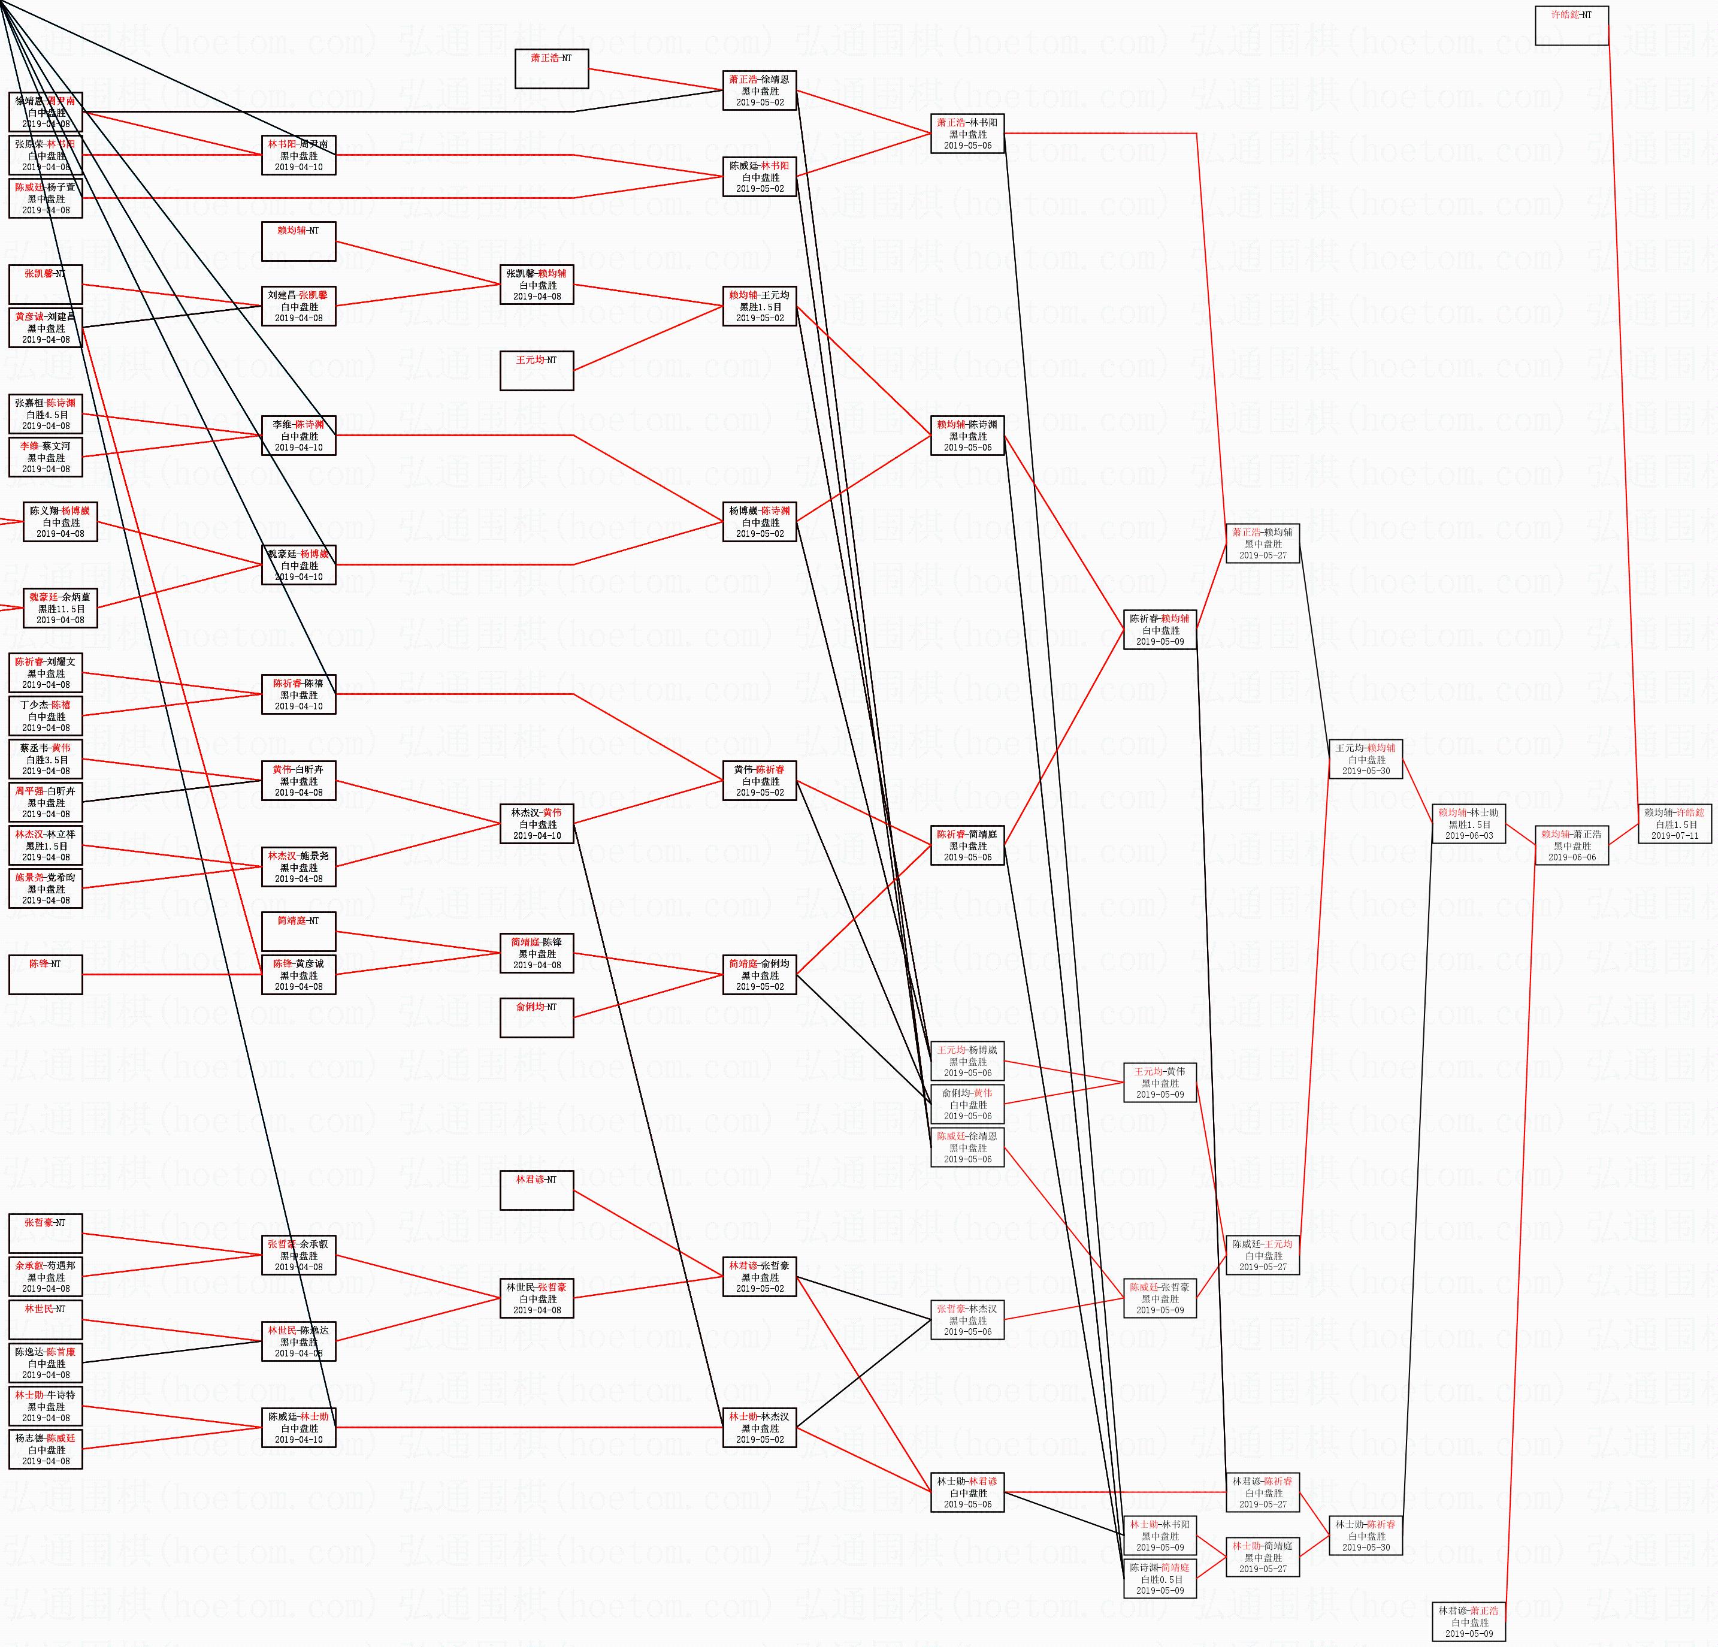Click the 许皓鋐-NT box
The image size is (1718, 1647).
(x=1572, y=25)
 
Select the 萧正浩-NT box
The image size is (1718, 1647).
(x=551, y=68)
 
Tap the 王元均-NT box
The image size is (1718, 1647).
(x=537, y=371)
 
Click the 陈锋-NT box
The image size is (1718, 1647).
(x=46, y=974)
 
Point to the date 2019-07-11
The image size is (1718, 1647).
(x=1674, y=835)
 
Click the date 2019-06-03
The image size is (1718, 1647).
(x=1468, y=835)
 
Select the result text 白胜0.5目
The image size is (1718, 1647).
(x=1160, y=1579)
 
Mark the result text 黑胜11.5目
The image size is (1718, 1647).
(x=61, y=608)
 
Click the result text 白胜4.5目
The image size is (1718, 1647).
(x=46, y=415)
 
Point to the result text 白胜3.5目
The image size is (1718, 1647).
(x=46, y=760)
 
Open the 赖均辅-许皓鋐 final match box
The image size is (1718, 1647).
(x=1674, y=824)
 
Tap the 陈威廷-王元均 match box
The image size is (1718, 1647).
(x=1262, y=1255)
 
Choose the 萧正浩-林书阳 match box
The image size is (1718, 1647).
(x=967, y=133)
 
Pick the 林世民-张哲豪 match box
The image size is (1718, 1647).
(x=537, y=1298)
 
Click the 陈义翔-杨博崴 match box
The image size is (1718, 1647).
(x=61, y=521)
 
